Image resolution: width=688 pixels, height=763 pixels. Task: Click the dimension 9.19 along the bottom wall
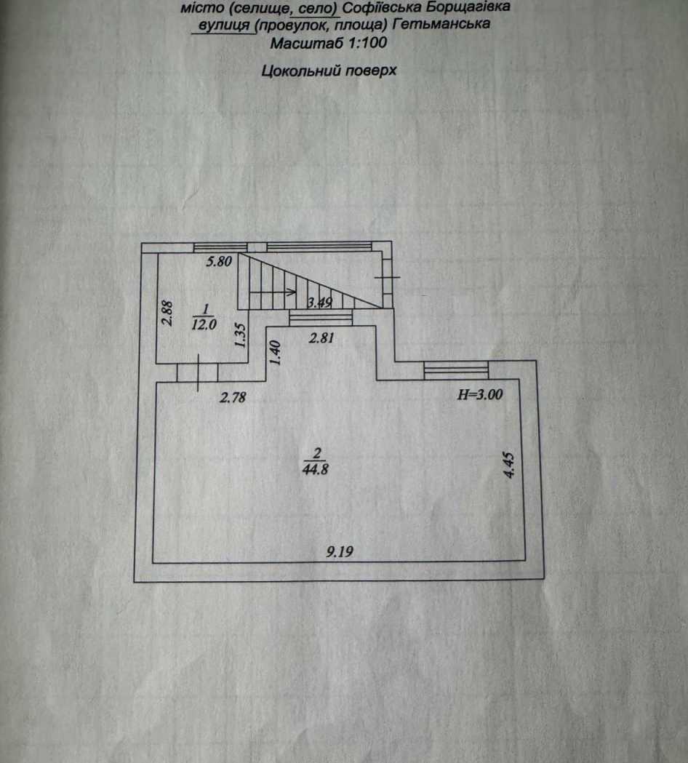[340, 552]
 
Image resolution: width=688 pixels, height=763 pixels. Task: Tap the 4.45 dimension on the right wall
[509, 466]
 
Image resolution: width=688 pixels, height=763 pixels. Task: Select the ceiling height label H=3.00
[480, 394]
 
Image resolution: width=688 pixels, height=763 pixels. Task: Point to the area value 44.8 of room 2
[316, 470]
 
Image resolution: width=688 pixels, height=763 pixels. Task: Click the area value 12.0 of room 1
[204, 324]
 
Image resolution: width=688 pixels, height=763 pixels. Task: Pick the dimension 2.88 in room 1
[167, 313]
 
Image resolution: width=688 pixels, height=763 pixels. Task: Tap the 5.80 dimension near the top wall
[219, 261]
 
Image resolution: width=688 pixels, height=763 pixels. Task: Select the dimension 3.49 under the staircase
[320, 303]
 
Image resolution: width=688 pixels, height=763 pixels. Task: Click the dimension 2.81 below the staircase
[321, 337]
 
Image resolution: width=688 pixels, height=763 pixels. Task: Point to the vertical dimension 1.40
[275, 353]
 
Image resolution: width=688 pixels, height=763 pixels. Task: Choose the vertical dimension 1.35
[240, 335]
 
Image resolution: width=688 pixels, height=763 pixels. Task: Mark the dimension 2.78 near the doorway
[233, 398]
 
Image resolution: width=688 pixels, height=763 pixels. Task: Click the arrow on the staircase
[273, 292]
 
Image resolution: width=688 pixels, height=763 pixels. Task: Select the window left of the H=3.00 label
[456, 369]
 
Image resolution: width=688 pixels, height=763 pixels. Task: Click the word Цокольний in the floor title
[299, 71]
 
